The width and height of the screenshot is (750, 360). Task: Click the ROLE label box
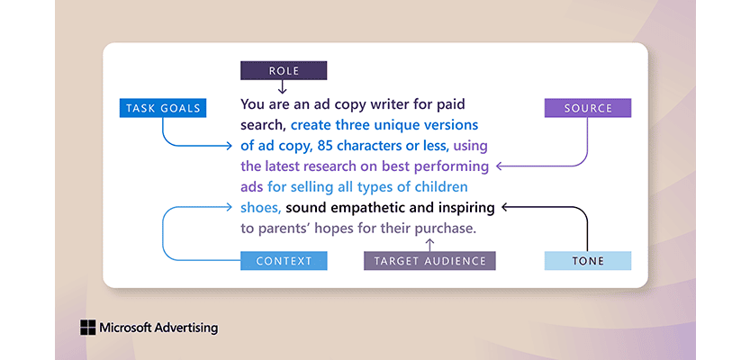coord(283,70)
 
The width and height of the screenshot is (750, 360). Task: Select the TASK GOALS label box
coord(163,108)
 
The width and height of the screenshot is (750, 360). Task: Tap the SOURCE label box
coord(587,108)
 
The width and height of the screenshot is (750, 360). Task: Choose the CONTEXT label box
coord(284,261)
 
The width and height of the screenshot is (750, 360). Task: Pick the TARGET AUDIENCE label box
coord(429,261)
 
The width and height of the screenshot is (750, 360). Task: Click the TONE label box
coord(587,261)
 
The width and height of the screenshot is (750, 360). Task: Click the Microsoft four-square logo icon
coord(87,328)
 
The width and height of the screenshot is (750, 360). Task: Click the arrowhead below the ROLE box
coord(283,90)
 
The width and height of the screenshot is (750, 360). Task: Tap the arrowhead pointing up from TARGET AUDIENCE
coord(429,242)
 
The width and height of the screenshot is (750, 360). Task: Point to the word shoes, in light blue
coord(261,208)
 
